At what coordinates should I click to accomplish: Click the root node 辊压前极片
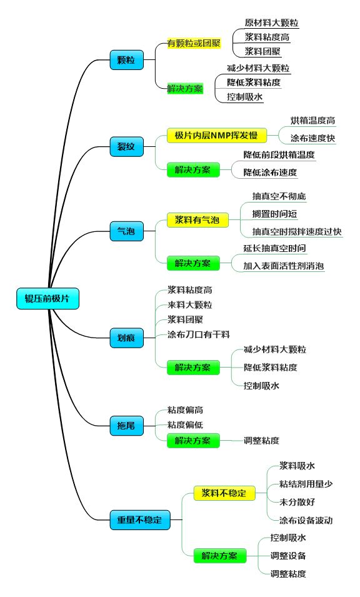[47, 299]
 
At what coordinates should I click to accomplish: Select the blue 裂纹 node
[127, 146]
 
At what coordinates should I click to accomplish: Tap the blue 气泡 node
[127, 231]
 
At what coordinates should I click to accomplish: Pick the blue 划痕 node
[127, 338]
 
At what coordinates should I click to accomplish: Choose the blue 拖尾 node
[127, 426]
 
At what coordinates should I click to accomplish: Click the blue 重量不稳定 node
[140, 519]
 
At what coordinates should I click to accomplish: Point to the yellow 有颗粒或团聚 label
[194, 43]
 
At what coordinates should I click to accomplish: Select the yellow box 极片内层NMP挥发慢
[216, 136]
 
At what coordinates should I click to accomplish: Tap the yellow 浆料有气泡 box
[197, 220]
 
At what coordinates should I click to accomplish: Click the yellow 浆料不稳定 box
[224, 493]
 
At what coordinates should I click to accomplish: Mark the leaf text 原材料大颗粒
[272, 23]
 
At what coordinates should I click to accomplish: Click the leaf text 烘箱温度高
[312, 121]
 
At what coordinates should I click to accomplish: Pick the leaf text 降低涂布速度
[270, 173]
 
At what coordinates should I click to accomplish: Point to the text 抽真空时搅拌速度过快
[297, 231]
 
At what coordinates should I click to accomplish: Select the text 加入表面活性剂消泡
[284, 266]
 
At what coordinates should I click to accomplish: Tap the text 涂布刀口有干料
[199, 334]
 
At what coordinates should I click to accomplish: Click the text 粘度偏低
[186, 425]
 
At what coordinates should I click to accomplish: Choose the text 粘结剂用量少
[306, 484]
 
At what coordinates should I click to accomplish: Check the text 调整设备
[288, 556]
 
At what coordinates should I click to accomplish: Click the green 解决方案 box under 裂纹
[193, 170]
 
